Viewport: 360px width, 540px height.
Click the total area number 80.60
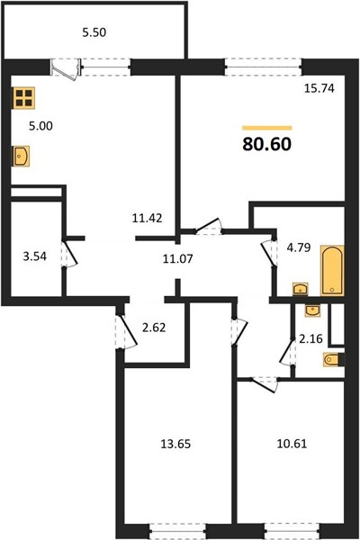coord(267,144)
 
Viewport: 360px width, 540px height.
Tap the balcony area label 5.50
coord(94,32)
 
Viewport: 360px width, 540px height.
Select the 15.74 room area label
coord(319,88)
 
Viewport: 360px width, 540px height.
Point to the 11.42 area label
coord(147,218)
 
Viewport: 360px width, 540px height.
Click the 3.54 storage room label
coord(35,256)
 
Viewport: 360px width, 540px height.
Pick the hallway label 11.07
coord(178,258)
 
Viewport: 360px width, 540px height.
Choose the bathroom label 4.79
coord(299,247)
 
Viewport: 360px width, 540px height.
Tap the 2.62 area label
coord(154,328)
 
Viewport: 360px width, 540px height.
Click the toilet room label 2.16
coord(310,339)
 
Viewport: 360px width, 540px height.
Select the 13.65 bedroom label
coord(175,444)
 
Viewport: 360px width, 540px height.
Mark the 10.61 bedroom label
coord(292,444)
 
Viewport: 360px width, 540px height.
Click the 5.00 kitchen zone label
coord(40,126)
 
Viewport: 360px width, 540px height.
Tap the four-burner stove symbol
coord(24,98)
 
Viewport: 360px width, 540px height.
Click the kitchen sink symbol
coord(21,157)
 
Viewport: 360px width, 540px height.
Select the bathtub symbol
coord(332,270)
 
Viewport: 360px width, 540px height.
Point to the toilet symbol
coord(334,360)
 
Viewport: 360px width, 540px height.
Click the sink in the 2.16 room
coord(313,310)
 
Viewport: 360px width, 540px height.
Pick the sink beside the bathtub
coord(301,289)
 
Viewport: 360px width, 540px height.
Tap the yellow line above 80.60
coord(267,128)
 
